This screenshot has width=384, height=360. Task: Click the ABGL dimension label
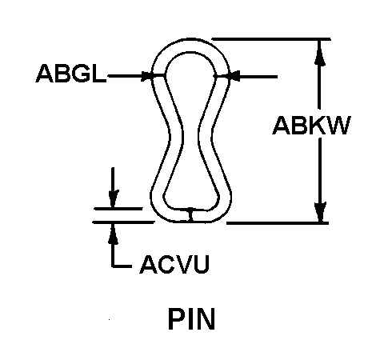(70, 74)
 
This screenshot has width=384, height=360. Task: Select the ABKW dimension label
(311, 126)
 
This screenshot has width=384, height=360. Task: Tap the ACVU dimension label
(174, 264)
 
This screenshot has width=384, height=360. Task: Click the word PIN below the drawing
(191, 319)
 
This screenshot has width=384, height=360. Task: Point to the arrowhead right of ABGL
(146, 76)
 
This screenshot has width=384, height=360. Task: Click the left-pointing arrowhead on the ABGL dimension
(234, 76)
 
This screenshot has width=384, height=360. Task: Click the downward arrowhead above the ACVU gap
(113, 198)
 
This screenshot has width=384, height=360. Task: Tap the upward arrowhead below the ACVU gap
(113, 234)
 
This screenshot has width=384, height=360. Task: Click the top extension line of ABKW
(271, 39)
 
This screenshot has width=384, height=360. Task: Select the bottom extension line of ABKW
(278, 222)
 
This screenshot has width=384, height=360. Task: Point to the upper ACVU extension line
(118, 209)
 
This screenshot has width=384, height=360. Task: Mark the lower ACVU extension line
(123, 222)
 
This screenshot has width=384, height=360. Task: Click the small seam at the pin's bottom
(190, 215)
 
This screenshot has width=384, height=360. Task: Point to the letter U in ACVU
(202, 264)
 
